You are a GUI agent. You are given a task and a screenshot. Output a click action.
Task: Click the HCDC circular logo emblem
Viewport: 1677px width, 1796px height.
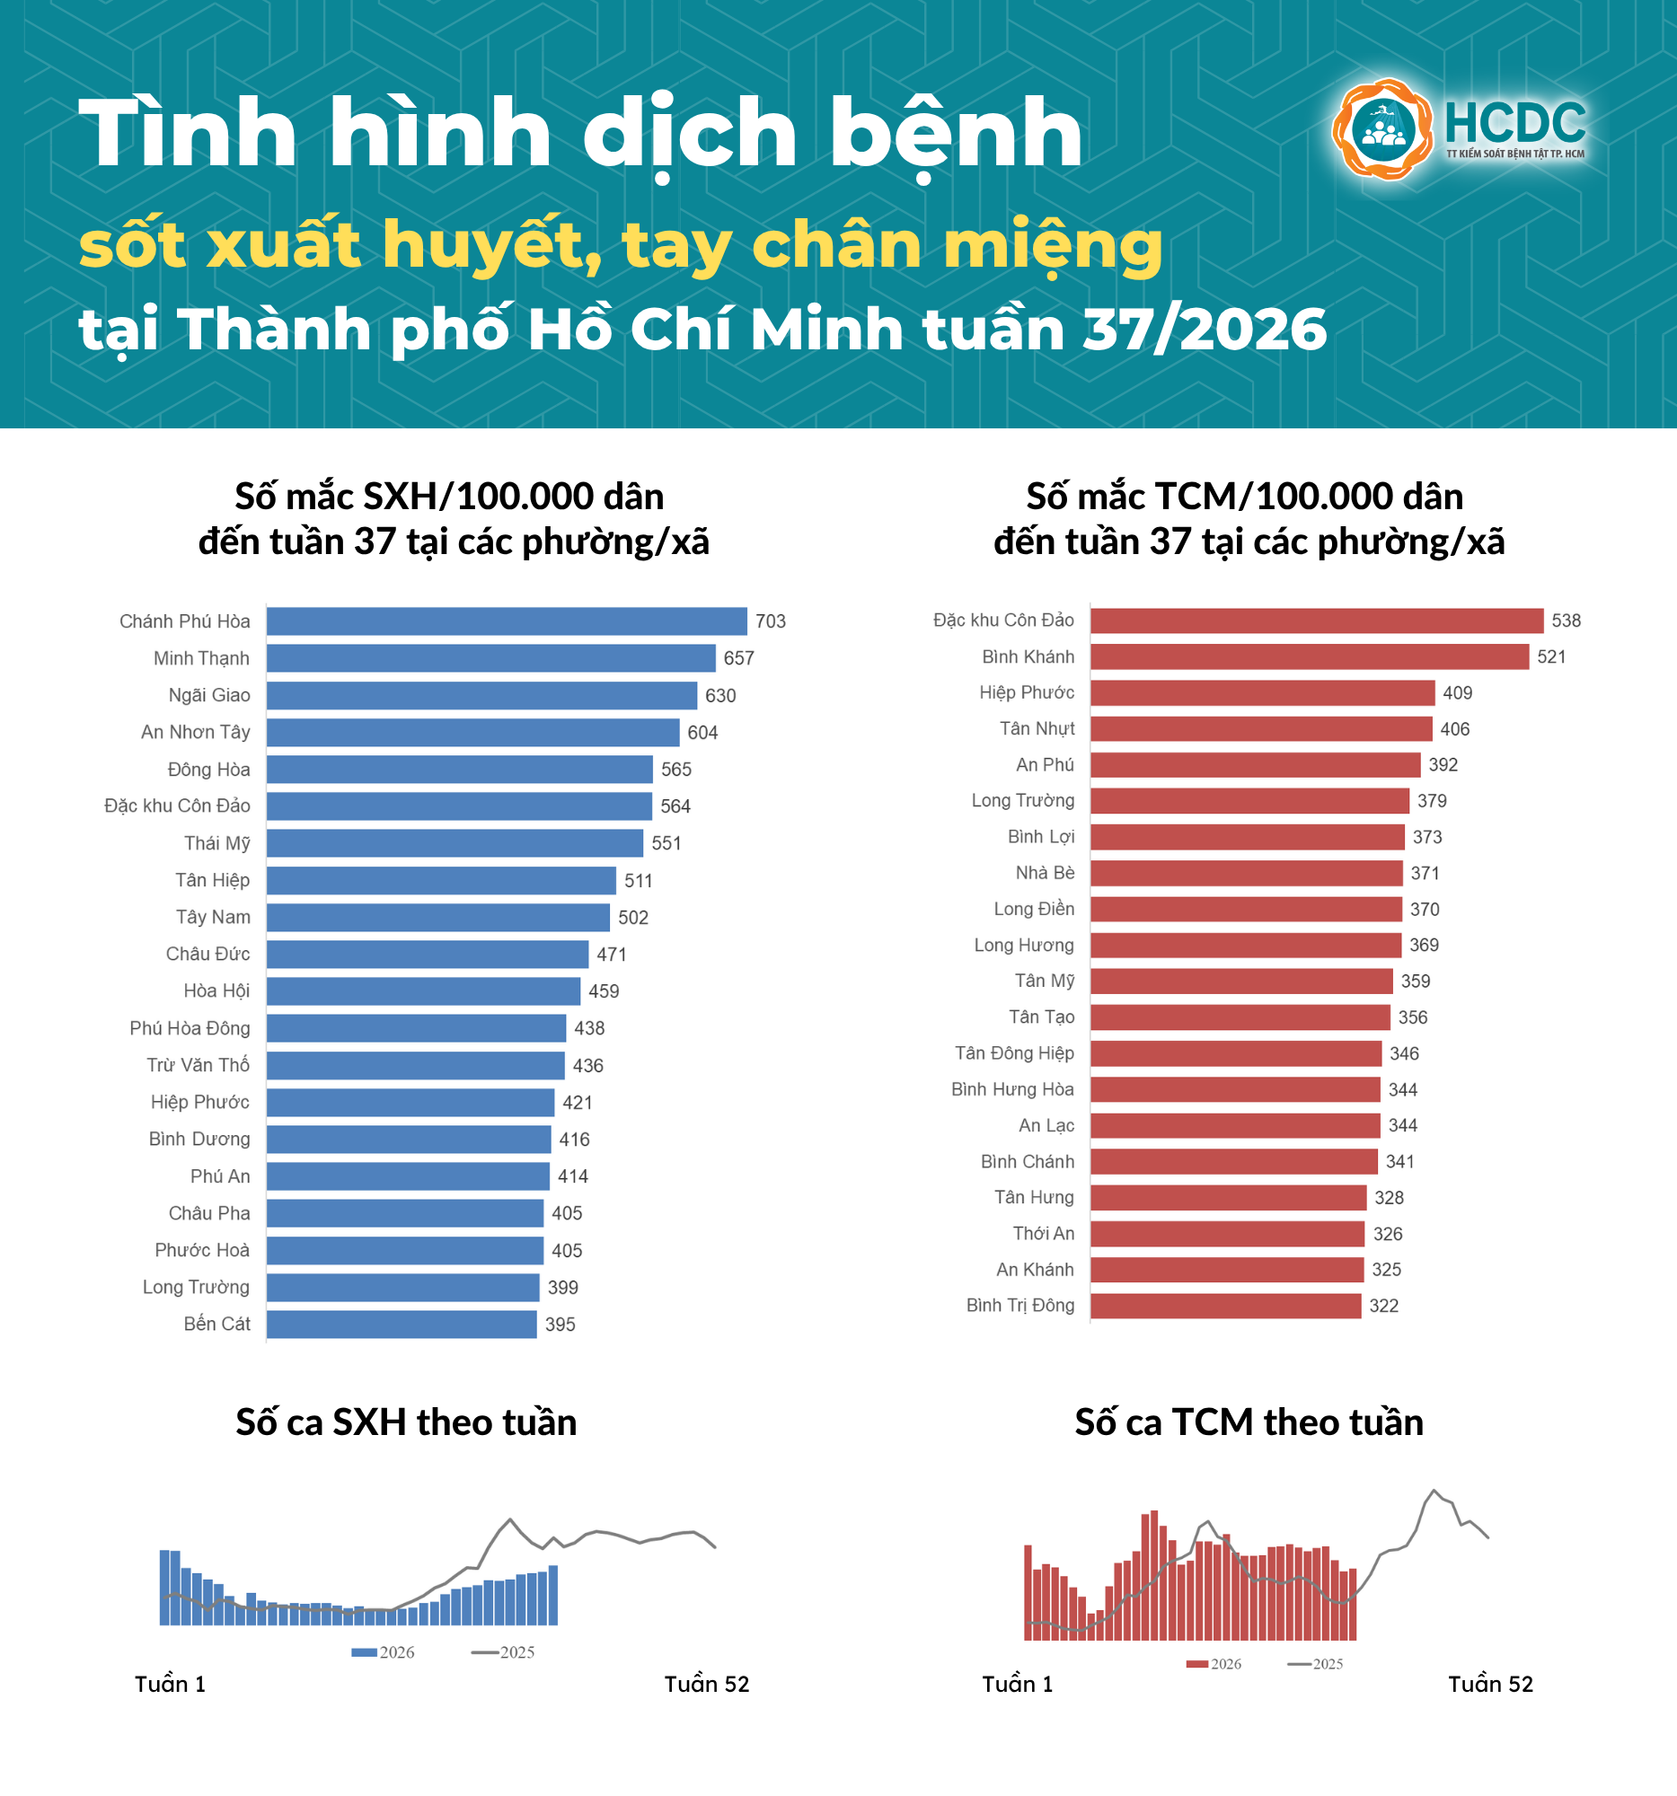tap(1382, 129)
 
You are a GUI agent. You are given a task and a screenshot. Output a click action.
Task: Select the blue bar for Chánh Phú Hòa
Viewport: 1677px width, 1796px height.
tap(507, 621)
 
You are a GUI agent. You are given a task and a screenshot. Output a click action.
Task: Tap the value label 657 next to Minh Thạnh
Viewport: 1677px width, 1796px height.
tap(739, 658)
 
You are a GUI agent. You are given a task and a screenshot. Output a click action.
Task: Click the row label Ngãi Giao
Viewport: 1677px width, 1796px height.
tap(208, 695)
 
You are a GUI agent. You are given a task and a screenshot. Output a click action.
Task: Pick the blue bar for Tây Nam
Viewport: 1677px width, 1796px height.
tap(438, 917)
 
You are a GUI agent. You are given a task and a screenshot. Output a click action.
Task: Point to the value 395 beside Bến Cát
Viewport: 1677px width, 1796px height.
tap(560, 1325)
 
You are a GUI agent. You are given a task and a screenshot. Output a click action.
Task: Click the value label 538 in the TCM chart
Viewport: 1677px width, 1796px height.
tap(1567, 621)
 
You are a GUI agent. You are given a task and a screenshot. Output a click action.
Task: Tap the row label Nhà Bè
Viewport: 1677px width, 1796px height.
tap(1046, 873)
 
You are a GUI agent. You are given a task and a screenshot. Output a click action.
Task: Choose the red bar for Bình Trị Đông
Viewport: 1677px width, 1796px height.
tap(1226, 1306)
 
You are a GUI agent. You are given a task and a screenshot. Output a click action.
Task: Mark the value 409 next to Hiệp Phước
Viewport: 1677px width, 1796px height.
tap(1458, 693)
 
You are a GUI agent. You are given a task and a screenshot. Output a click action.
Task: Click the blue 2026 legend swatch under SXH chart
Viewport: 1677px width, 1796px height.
tap(364, 1652)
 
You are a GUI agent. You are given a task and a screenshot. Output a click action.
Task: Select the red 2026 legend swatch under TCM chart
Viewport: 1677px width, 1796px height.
tap(1197, 1664)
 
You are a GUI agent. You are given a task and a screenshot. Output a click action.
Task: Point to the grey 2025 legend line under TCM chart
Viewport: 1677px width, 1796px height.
tap(1300, 1664)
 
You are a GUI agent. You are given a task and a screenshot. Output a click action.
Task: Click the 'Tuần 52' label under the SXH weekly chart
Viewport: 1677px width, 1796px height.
tap(707, 1684)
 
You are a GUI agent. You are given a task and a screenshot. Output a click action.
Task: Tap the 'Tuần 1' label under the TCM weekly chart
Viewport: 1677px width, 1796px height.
tap(1018, 1684)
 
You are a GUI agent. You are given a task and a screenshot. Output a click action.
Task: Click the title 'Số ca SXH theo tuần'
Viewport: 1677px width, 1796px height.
tap(407, 1423)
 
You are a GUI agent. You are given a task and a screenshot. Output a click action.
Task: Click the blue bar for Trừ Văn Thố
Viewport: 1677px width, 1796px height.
tap(416, 1065)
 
